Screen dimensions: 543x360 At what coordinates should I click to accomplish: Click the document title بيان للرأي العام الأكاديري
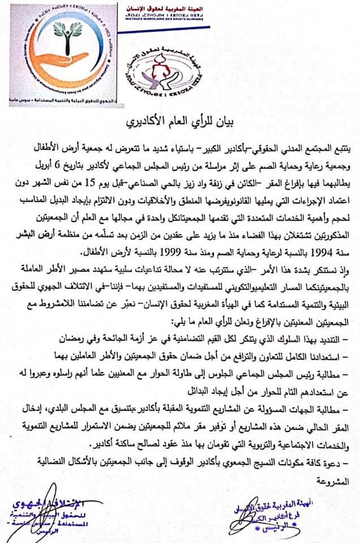coord(180,121)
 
